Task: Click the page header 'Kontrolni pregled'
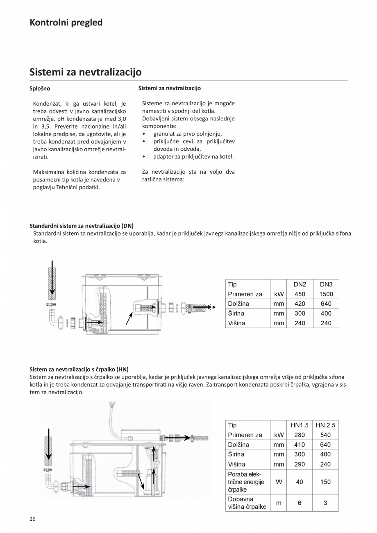pyautogui.click(x=66, y=23)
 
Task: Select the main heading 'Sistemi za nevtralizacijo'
pyautogui.click(x=85, y=72)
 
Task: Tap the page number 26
pyautogui.click(x=32, y=519)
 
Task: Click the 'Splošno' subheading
pyautogui.click(x=40, y=88)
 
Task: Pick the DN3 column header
pyautogui.click(x=326, y=284)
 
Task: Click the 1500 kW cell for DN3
pyautogui.click(x=326, y=294)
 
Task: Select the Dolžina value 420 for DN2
pyautogui.click(x=300, y=304)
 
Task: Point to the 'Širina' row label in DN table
pyautogui.click(x=236, y=313)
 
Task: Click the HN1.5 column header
pyautogui.click(x=300, y=425)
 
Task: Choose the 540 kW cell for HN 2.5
pyautogui.click(x=325, y=435)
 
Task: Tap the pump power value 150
pyautogui.click(x=325, y=482)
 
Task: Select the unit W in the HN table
pyautogui.click(x=279, y=482)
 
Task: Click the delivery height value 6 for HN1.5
pyautogui.click(x=300, y=503)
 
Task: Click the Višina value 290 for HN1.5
pyautogui.click(x=300, y=464)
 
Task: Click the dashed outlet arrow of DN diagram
pyautogui.click(x=203, y=306)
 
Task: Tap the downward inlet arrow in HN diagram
pyautogui.click(x=49, y=445)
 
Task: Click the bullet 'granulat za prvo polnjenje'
pyautogui.click(x=187, y=134)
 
